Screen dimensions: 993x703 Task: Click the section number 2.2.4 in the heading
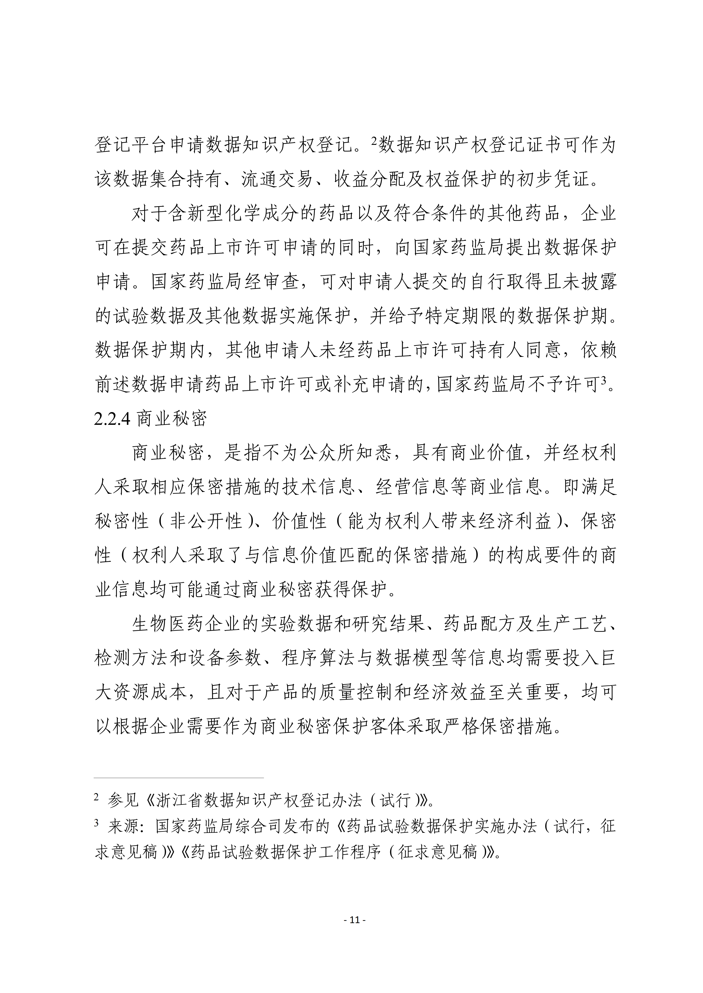pyautogui.click(x=112, y=419)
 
